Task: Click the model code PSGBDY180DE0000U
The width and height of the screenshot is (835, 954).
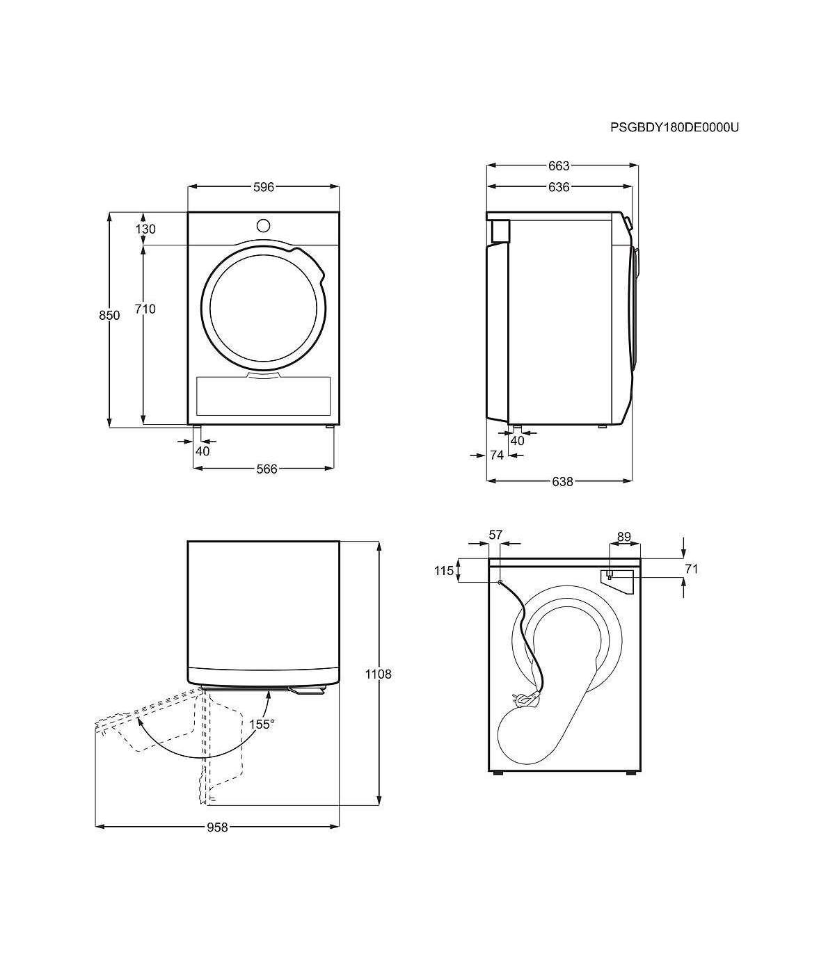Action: pyautogui.click(x=674, y=127)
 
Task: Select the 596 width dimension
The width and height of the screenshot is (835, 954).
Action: pyautogui.click(x=264, y=187)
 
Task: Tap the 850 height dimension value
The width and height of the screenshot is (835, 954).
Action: pyautogui.click(x=109, y=315)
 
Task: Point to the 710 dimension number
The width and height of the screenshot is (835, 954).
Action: pyautogui.click(x=145, y=309)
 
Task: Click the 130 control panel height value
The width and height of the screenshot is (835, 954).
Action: pyautogui.click(x=145, y=229)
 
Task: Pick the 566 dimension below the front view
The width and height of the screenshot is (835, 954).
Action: pyautogui.click(x=267, y=469)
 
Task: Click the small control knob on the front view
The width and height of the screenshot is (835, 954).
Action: pyautogui.click(x=263, y=225)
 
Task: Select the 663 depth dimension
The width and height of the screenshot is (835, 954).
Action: pyautogui.click(x=559, y=165)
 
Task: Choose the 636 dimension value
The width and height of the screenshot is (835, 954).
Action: pyautogui.click(x=559, y=187)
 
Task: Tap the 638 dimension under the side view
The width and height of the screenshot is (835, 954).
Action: pyautogui.click(x=562, y=482)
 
